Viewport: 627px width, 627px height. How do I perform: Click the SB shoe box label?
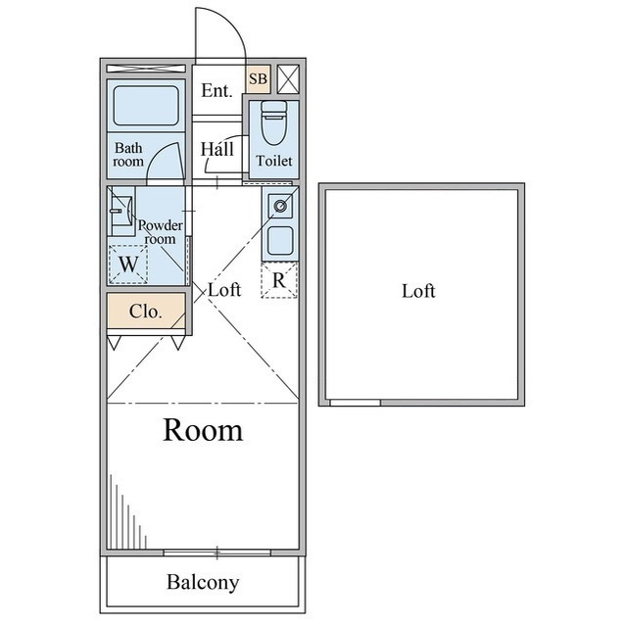[x=258, y=78]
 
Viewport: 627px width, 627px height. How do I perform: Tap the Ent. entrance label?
[x=217, y=91]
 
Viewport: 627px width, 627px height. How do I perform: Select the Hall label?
[x=217, y=150]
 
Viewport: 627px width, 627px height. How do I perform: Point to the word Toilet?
[x=274, y=161]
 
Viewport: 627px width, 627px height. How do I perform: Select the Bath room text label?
[x=128, y=155]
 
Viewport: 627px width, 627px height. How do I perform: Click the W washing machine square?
[x=128, y=263]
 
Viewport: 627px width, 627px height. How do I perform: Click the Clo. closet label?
[x=146, y=313]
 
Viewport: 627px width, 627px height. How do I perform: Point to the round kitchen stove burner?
[x=279, y=206]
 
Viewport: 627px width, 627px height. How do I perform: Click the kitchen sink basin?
[x=279, y=240]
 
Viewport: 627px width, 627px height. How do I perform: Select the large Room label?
[x=203, y=429]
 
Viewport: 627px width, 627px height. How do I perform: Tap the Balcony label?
[x=203, y=583]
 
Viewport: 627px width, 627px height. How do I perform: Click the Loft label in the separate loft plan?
[x=418, y=291]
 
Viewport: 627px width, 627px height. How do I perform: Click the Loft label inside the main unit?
[x=224, y=290]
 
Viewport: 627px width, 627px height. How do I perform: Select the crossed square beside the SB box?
[x=289, y=78]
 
